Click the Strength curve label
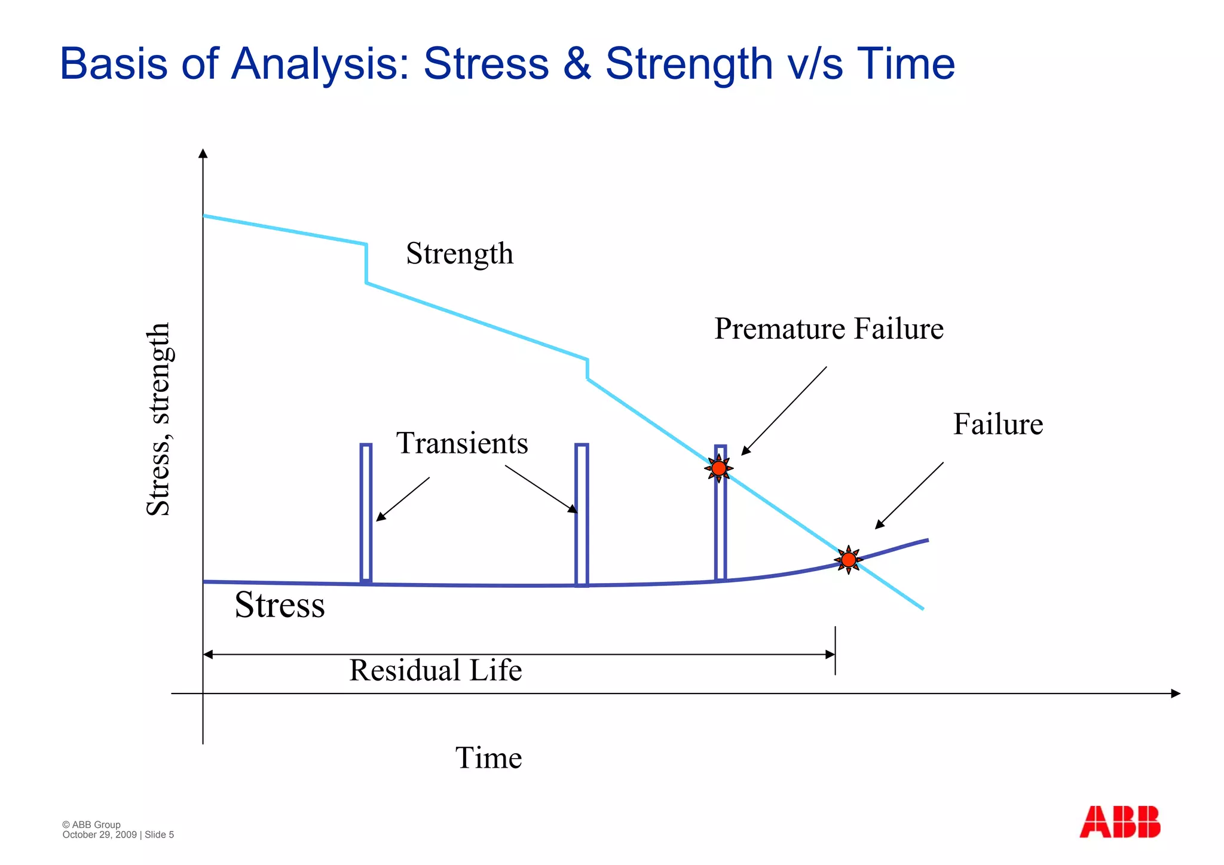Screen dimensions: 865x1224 click(460, 254)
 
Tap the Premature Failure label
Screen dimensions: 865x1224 click(829, 329)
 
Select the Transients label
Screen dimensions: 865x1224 click(462, 443)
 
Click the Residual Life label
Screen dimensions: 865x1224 click(435, 670)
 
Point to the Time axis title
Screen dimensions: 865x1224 click(488, 758)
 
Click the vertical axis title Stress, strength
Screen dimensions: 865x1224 click(159, 419)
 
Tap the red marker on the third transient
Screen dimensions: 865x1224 click(719, 468)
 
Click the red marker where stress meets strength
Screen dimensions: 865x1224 click(848, 560)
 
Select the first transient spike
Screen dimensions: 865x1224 click(366, 513)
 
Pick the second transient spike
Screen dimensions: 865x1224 click(582, 514)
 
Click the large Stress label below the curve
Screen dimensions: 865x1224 click(280, 605)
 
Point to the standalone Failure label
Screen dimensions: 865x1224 click(997, 425)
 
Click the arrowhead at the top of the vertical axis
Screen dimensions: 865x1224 click(203, 154)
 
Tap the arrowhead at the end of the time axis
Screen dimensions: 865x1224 click(1175, 694)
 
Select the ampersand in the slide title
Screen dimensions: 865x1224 click(577, 64)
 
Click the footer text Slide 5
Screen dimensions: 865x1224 click(159, 835)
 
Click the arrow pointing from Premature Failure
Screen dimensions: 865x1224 click(784, 411)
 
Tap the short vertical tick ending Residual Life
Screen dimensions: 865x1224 click(835, 651)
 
